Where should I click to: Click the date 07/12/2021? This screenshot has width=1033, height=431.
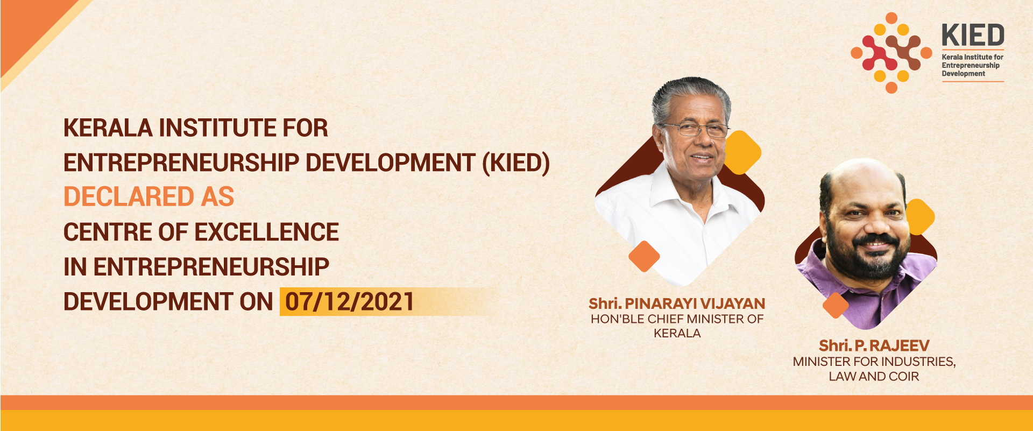(350, 302)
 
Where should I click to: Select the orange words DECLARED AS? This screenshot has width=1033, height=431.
(149, 197)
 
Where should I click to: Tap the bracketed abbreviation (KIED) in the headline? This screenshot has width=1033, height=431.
(516, 163)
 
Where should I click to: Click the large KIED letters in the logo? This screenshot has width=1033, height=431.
(973, 36)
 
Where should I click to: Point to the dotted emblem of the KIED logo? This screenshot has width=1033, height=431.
(891, 53)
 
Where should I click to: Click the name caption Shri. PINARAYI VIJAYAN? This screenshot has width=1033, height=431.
(677, 303)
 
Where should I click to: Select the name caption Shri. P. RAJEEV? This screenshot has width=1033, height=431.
(874, 345)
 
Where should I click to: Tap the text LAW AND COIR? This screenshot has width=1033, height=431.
(874, 377)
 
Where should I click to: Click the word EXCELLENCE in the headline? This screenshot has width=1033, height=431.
(266, 232)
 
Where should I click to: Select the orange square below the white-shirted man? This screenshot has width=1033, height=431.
(644, 256)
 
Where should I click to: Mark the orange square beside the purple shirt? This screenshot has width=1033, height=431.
(836, 306)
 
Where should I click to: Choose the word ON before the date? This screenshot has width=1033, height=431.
(256, 302)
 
